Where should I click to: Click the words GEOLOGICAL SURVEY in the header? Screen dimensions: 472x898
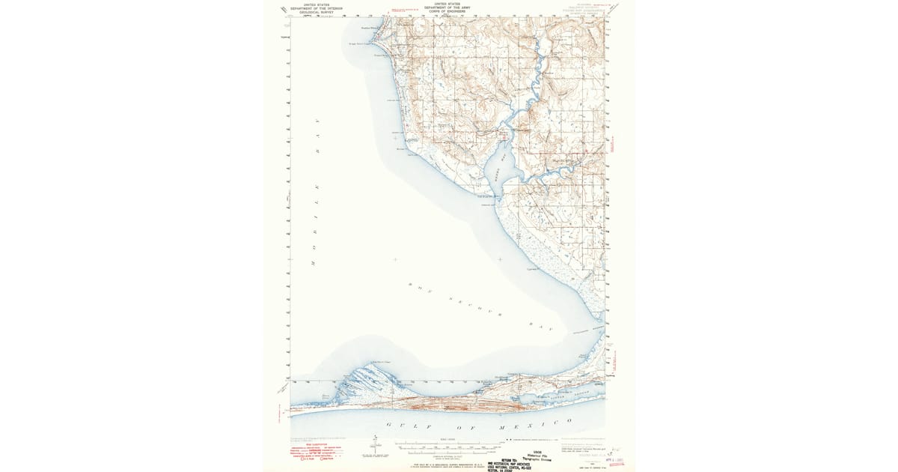point(314,13)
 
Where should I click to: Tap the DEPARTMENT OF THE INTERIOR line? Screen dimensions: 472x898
point(314,8)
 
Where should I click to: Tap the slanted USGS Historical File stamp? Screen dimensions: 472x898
point(543,455)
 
